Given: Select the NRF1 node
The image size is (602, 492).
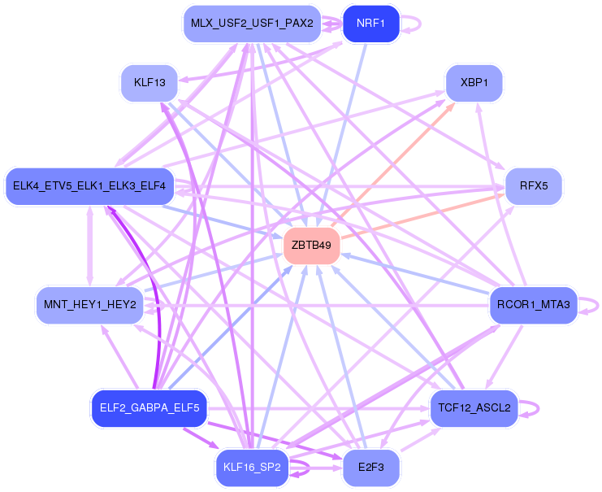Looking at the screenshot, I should click(x=371, y=24).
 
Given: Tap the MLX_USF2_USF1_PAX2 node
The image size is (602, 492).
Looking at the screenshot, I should click(x=251, y=24).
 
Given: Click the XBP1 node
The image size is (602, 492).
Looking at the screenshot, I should click(x=474, y=83).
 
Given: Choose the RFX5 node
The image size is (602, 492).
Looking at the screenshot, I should click(x=534, y=186).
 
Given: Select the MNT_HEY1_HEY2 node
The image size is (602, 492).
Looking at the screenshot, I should click(x=89, y=305).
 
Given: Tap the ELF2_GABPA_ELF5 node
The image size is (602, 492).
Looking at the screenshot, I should click(x=149, y=407).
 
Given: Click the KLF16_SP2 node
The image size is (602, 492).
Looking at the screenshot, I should click(x=252, y=468).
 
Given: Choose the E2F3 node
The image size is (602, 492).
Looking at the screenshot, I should click(x=371, y=468).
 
